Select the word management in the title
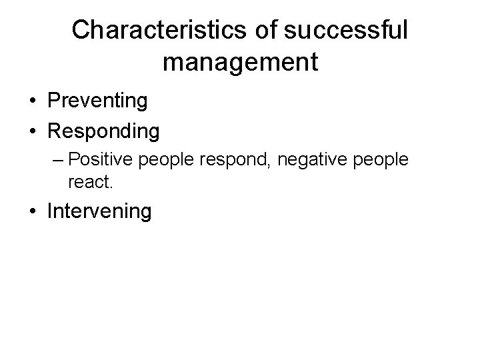click(240, 62)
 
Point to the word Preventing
click(97, 102)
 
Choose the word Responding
click(103, 131)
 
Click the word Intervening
click(99, 211)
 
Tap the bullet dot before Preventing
click(32, 102)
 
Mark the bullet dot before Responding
click(32, 131)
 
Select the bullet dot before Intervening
click(32, 211)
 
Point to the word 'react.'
click(86, 179)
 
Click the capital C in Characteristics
click(81, 30)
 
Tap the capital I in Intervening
click(51, 211)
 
